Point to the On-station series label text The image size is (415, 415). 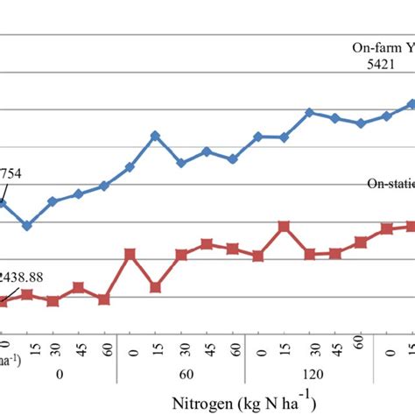390,183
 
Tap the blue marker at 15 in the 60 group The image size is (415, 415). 155,136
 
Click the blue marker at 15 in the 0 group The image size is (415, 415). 27,226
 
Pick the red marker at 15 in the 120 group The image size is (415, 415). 284,227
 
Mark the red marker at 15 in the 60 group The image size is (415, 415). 155,287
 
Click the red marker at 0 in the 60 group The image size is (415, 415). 130,254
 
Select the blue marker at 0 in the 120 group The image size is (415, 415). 258,137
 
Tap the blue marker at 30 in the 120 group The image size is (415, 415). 309,113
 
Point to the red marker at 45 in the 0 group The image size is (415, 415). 79,287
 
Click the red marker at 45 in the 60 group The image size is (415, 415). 207,243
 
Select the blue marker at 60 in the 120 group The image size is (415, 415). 361,123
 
